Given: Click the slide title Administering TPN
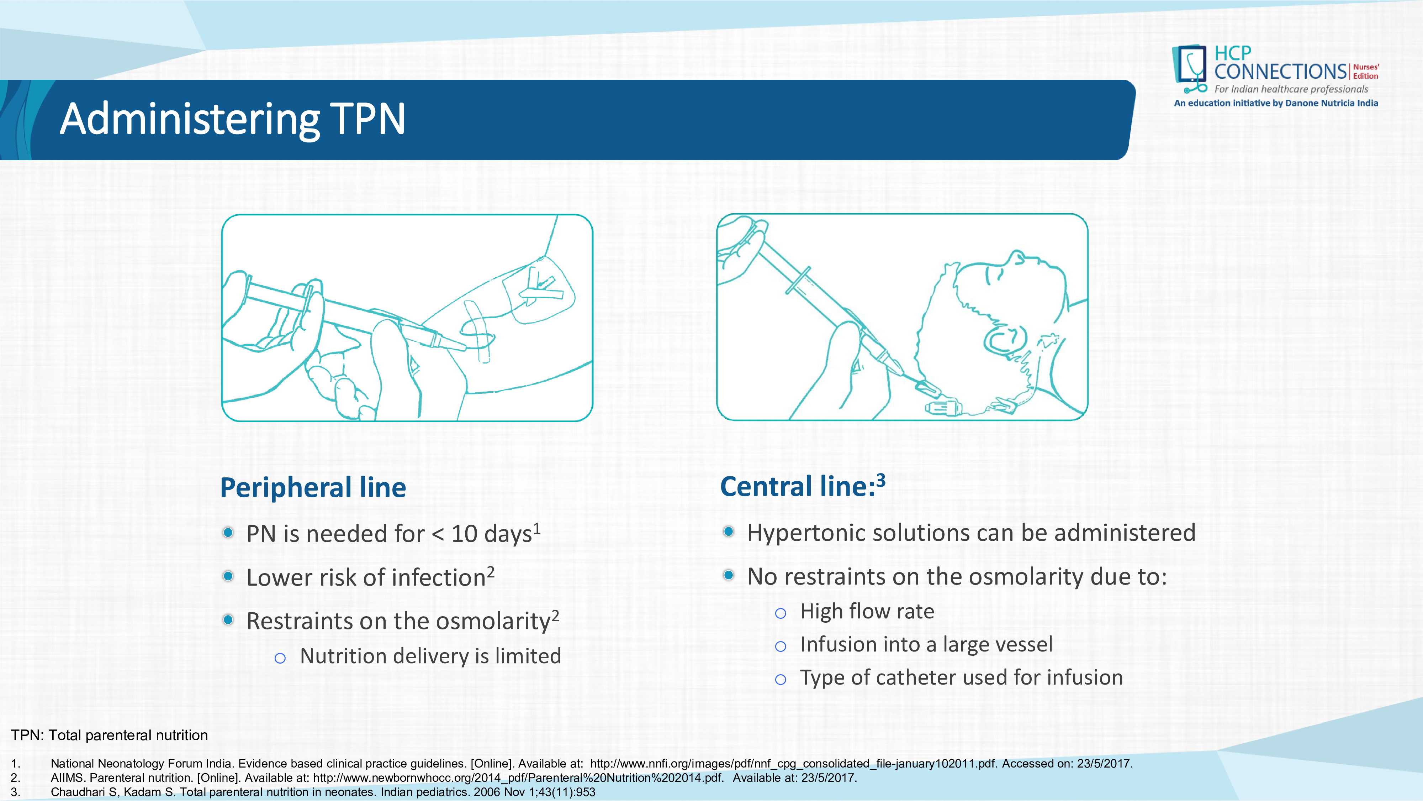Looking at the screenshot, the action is tap(233, 119).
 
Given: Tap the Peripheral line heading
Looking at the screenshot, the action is tap(313, 488).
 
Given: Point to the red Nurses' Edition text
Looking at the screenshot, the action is tap(1366, 71).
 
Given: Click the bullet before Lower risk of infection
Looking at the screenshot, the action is tap(228, 576).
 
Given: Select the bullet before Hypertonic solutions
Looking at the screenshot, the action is tap(729, 531).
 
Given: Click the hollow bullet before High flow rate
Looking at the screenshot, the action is tap(781, 613).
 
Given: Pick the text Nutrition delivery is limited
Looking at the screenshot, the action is tap(430, 656).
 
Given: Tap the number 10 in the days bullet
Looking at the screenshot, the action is tap(464, 534).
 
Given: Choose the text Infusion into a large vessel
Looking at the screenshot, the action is tap(926, 645).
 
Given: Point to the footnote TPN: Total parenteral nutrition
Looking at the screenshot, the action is tap(109, 735).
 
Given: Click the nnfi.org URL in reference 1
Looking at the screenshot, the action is tap(793, 763).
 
